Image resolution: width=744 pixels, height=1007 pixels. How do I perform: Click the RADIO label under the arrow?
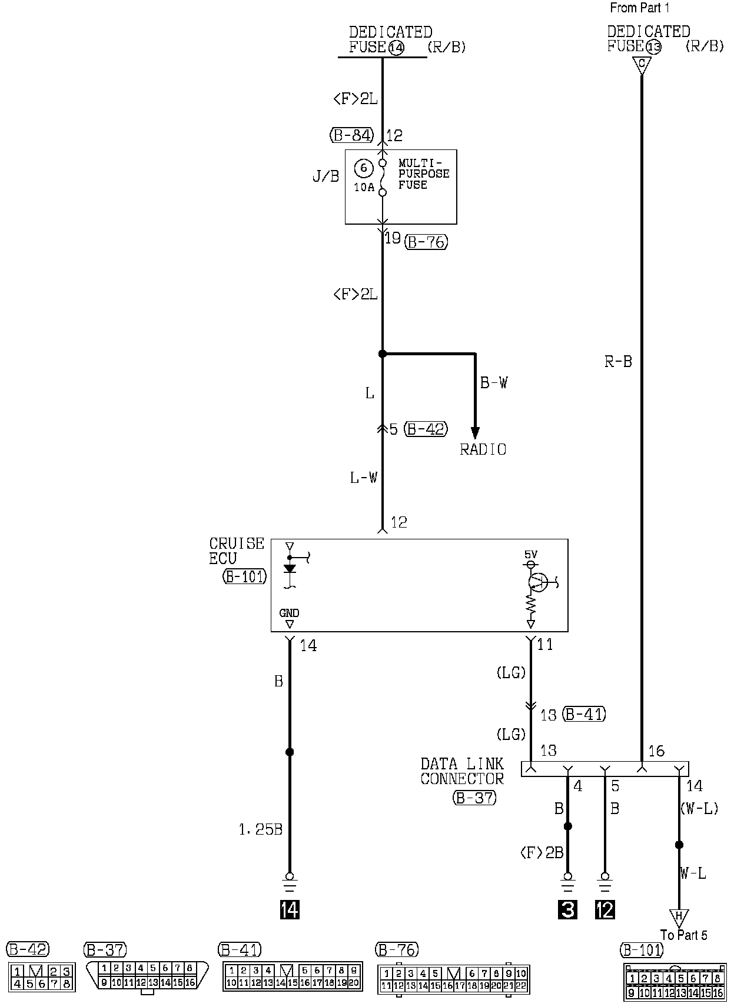click(x=483, y=450)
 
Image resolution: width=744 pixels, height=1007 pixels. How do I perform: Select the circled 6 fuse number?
click(x=364, y=169)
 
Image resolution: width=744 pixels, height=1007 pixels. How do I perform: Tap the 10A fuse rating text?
click(x=364, y=188)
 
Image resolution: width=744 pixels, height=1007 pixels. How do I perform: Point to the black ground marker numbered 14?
click(x=290, y=909)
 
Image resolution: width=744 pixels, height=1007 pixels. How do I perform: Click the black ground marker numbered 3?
click(x=567, y=909)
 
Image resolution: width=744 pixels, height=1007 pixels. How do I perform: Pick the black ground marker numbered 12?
click(x=605, y=909)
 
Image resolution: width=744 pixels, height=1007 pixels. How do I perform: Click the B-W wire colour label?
click(x=493, y=383)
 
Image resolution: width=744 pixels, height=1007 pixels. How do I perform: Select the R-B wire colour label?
click(x=618, y=362)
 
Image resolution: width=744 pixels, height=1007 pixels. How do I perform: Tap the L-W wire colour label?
click(x=363, y=478)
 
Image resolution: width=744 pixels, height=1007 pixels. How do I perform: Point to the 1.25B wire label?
click(x=261, y=830)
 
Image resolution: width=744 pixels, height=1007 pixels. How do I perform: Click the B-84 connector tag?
click(x=351, y=136)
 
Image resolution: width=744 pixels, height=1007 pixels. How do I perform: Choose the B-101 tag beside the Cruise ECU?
click(x=244, y=576)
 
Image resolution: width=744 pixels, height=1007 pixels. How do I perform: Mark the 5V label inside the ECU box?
click(x=531, y=554)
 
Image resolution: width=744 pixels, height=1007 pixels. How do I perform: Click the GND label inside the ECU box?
click(x=289, y=613)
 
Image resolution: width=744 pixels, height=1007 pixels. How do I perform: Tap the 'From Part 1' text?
click(x=640, y=8)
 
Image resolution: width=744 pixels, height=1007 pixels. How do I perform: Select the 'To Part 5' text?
click(x=683, y=935)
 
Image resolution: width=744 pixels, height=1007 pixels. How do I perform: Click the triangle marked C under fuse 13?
click(x=642, y=64)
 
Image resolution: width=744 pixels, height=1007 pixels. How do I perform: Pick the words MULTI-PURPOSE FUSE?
click(x=424, y=174)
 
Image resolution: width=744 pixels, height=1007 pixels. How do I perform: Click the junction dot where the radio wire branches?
click(x=383, y=354)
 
